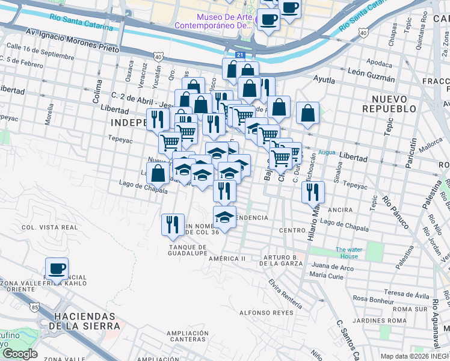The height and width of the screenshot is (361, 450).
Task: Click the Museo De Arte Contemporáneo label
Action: point(214,21)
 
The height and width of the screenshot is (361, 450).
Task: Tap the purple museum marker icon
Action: point(258,22)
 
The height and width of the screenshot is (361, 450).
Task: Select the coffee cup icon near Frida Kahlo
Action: point(57,269)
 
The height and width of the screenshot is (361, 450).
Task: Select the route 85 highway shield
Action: point(35,307)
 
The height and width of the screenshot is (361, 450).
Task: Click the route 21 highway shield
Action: point(240,55)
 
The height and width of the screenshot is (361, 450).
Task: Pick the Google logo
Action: point(19,354)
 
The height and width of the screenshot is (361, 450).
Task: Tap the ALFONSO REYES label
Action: point(262,313)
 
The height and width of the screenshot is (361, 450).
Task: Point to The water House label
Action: point(347,253)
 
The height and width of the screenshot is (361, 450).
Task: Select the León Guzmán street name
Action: point(371,79)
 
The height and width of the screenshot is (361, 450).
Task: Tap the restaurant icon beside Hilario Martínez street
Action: point(313,191)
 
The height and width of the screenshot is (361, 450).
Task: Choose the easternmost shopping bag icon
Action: point(307,113)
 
